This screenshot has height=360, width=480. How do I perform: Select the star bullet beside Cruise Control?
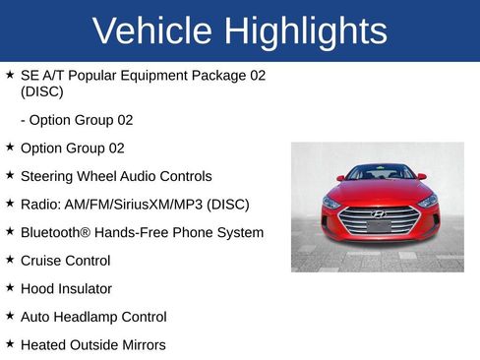coord(10,261)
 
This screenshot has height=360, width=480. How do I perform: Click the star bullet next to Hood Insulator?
coord(10,288)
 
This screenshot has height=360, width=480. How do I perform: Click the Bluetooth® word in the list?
coord(56,232)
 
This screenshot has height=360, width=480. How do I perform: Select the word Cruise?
coord(41,261)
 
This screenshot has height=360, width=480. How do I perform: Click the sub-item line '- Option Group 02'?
coord(77,120)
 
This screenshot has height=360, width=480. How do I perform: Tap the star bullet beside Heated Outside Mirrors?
coord(10,344)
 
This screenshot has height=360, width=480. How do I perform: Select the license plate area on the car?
coord(379,227)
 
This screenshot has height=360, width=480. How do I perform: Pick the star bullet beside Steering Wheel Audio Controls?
coord(10,176)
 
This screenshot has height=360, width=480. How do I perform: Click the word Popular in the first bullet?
coord(98,75)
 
